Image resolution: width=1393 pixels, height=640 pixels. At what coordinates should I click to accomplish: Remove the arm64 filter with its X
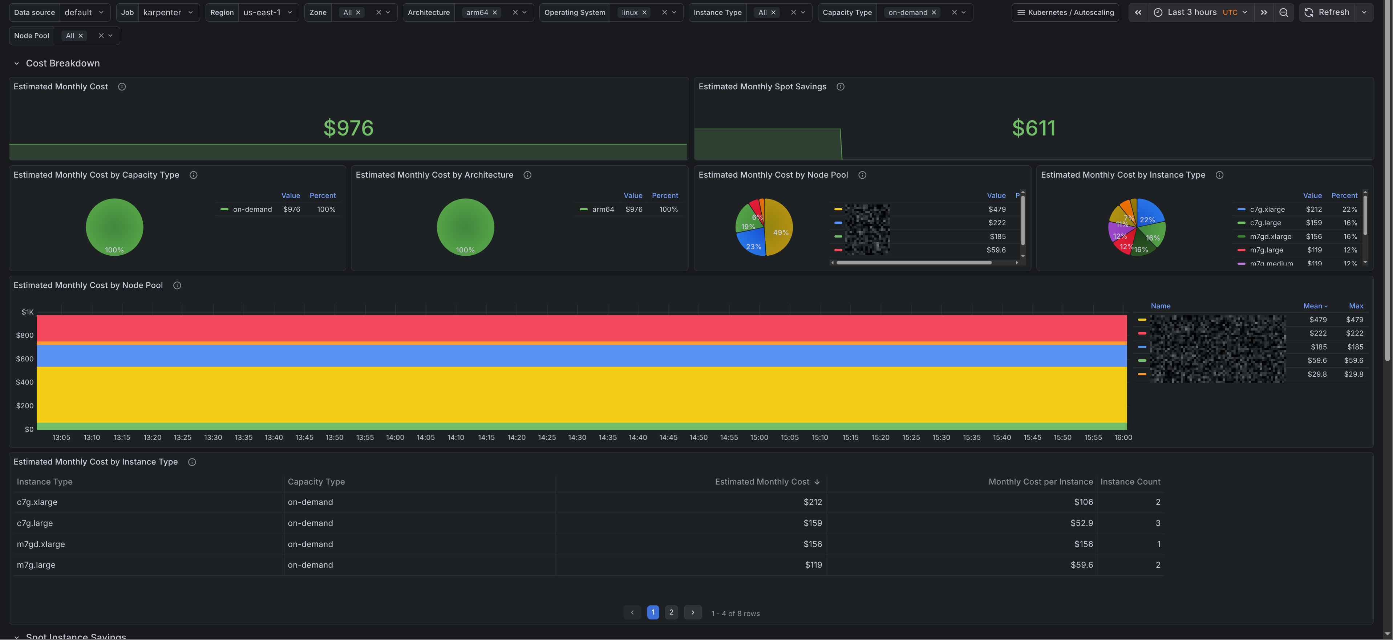[494, 12]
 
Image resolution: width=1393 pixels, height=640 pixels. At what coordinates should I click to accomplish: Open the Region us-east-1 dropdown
[267, 12]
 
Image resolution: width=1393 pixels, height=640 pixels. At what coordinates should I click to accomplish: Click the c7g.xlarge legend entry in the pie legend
[1267, 209]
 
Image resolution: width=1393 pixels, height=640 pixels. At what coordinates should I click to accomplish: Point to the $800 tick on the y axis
[25, 335]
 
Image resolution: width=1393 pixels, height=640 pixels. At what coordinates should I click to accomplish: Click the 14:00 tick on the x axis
[395, 437]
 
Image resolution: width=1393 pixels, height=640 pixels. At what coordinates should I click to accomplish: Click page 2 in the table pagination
[671, 612]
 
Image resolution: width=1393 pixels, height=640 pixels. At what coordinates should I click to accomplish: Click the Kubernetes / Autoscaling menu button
[1065, 12]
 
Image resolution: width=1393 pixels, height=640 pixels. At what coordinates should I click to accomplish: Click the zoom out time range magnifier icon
[1283, 12]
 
